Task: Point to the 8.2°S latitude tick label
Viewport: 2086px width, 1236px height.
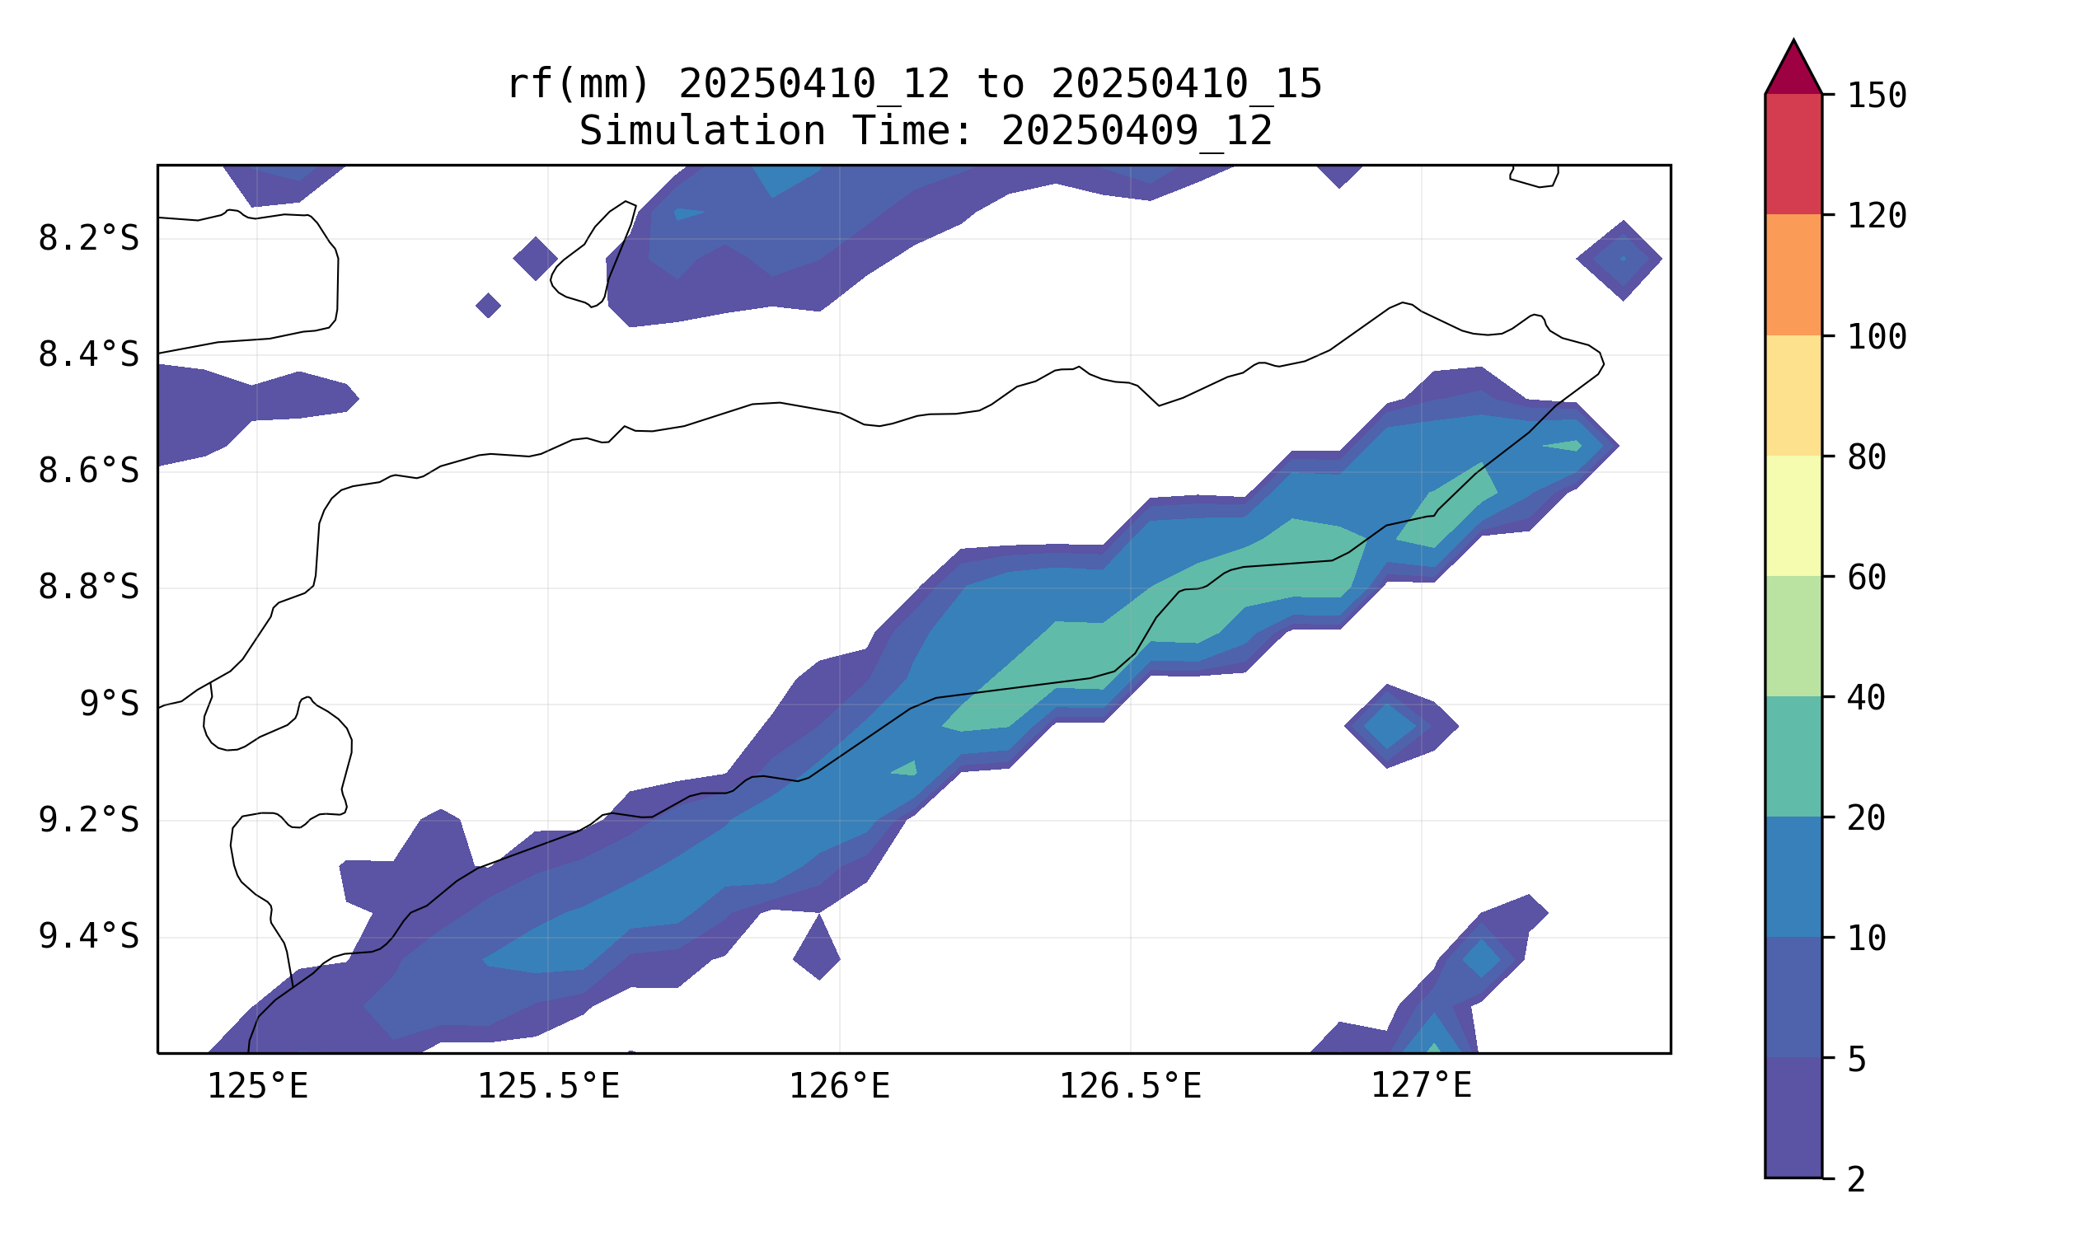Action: coord(88,239)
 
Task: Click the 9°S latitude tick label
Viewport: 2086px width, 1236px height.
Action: coord(109,705)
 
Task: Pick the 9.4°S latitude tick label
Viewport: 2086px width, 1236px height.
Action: coord(88,937)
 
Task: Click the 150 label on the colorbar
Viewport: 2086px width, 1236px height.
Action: coord(1877,96)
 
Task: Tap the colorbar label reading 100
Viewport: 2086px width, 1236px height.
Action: coord(1877,337)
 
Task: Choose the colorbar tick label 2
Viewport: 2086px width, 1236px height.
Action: coord(1856,1180)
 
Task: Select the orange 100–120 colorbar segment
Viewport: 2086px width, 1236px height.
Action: coord(1793,275)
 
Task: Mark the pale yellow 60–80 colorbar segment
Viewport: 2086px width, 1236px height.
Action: coord(1793,517)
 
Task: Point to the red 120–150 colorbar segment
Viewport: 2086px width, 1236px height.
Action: coord(1793,154)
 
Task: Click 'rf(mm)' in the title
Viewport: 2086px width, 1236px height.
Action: coord(578,84)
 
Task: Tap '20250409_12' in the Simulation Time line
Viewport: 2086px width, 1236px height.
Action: coord(1137,131)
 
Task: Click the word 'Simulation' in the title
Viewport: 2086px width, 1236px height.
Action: coord(701,131)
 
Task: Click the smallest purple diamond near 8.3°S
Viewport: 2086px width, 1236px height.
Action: coord(488,306)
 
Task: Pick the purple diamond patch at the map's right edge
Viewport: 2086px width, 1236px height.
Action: coord(1620,260)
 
